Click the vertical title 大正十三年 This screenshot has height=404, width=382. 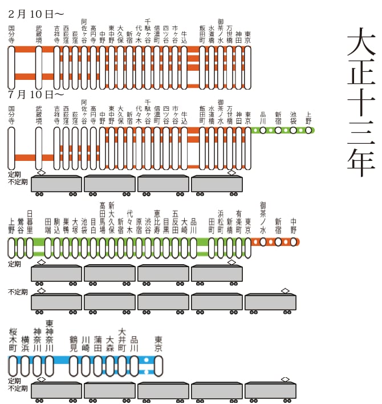(361, 103)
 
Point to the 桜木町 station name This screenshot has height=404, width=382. (12, 339)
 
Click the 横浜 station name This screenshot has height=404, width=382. (25, 342)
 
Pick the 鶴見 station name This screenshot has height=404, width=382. (73, 342)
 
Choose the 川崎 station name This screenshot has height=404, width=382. (86, 342)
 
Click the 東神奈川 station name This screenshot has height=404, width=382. (49, 336)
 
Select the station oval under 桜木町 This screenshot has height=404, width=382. (12, 366)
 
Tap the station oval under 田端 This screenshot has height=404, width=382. (48, 248)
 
